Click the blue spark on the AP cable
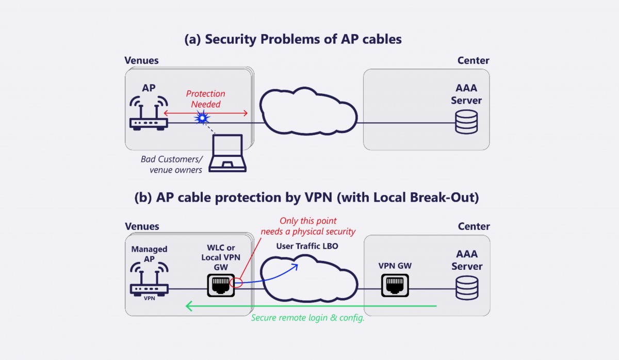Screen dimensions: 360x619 [x=202, y=119]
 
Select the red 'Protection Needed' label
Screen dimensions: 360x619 [x=205, y=99]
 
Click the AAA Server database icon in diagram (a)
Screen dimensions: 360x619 [x=466, y=122]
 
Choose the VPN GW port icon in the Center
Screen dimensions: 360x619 [x=395, y=285]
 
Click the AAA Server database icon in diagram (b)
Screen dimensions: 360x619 [x=466, y=288]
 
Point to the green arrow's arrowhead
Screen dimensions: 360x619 [x=189, y=306]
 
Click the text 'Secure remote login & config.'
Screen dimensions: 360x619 [x=307, y=318]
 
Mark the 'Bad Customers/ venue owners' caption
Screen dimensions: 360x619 [x=172, y=164]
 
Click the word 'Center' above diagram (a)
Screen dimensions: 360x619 [x=473, y=60]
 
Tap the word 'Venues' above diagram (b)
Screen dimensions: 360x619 [x=142, y=226]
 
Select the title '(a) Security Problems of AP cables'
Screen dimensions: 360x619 [x=293, y=40]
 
